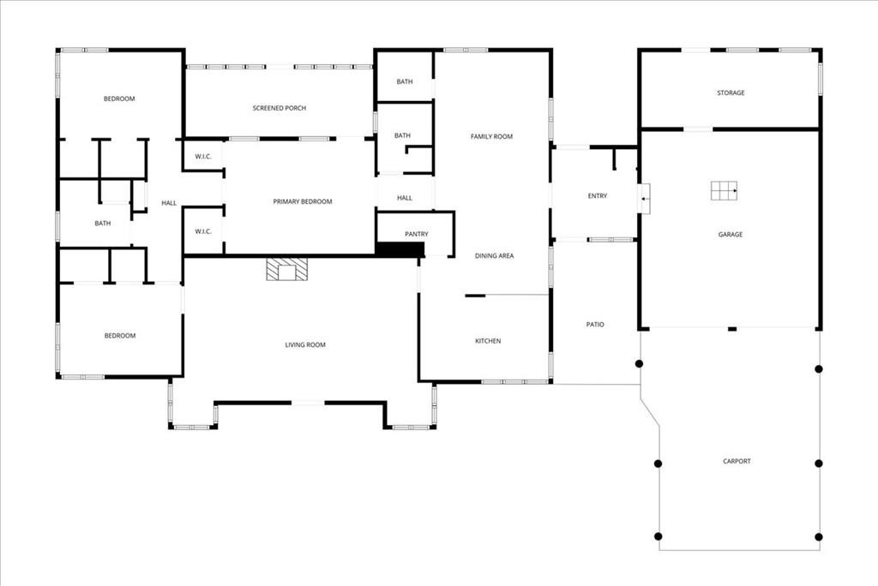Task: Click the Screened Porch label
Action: click(x=280, y=108)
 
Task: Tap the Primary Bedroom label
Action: click(x=303, y=201)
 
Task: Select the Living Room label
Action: click(x=305, y=344)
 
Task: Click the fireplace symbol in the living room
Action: click(x=286, y=269)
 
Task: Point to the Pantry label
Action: click(x=417, y=234)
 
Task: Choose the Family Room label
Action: click(x=491, y=136)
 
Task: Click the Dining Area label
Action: click(x=495, y=256)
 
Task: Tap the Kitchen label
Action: click(x=488, y=341)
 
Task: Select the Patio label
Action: click(x=595, y=324)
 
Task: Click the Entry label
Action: click(x=598, y=196)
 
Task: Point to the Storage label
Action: click(x=731, y=93)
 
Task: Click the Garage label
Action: click(x=731, y=235)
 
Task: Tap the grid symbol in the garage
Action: click(x=724, y=190)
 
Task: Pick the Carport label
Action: click(x=737, y=461)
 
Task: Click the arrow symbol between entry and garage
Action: click(x=645, y=198)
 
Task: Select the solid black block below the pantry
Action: click(x=400, y=249)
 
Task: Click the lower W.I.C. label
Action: click(x=203, y=231)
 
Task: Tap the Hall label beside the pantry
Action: click(x=405, y=198)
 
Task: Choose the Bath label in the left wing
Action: click(x=103, y=224)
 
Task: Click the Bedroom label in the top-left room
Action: click(x=119, y=99)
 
